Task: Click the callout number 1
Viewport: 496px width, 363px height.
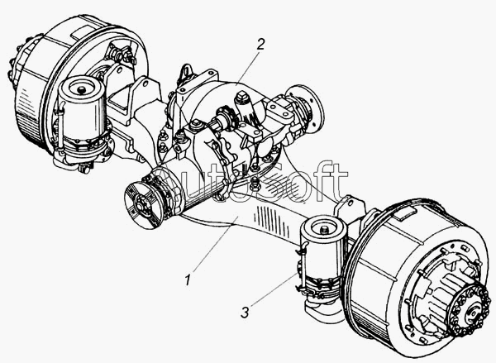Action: (188, 280)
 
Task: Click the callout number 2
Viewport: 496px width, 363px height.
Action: (260, 45)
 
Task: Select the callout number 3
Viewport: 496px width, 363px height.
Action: (245, 313)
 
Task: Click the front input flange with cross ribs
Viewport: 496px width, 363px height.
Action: (142, 205)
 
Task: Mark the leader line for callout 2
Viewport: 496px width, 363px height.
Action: (248, 68)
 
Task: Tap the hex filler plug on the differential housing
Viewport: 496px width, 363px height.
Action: (241, 98)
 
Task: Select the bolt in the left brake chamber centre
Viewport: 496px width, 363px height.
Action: (82, 89)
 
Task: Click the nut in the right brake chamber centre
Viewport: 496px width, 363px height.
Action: (323, 229)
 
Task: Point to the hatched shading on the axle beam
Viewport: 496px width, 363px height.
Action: (273, 220)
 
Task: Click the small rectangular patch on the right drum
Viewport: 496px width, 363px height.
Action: (405, 214)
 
